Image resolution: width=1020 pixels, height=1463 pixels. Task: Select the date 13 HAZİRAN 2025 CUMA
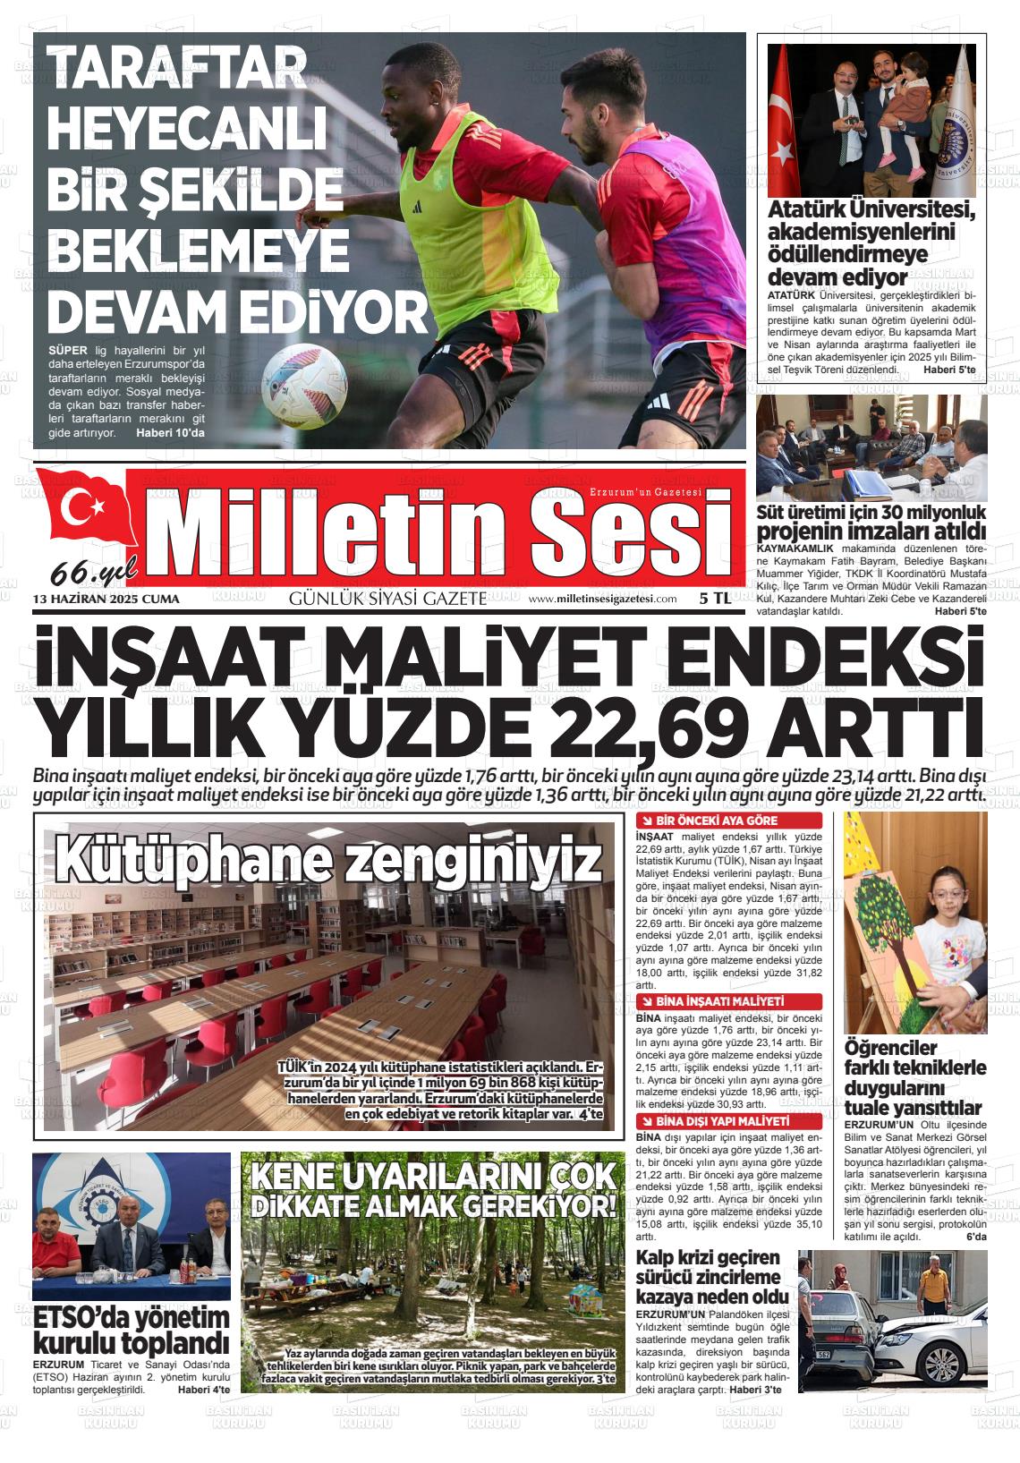(x=106, y=599)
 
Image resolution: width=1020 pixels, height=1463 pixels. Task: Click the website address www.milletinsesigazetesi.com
(x=602, y=599)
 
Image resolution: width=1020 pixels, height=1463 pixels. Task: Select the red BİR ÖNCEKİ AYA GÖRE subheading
(x=717, y=821)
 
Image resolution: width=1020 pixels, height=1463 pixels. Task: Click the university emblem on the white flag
(x=960, y=142)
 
